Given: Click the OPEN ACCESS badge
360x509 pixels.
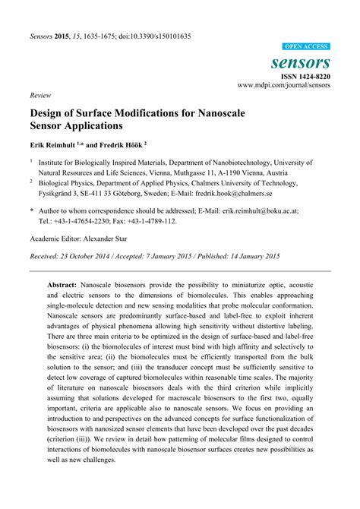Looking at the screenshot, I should pos(308,46).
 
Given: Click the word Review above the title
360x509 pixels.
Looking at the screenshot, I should pos(39,96).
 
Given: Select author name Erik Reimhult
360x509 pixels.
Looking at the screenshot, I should pos(55,142).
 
